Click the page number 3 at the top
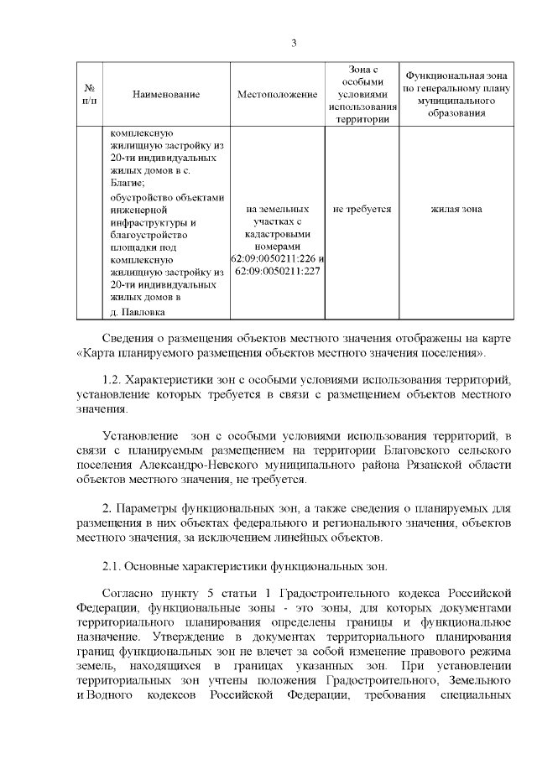pos(294,43)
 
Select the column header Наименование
pos(166,94)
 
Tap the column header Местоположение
pos(277,94)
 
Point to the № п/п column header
pos(89,94)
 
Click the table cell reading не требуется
pos(362,209)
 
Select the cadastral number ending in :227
pos(277,272)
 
